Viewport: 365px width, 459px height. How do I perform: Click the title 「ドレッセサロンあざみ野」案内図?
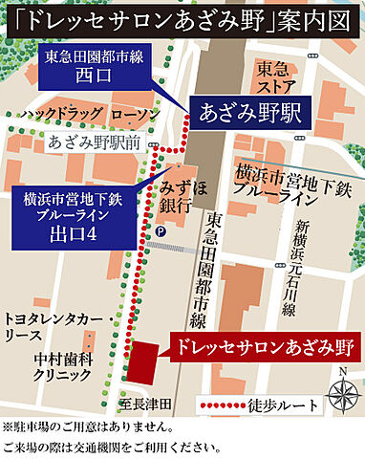coord(182,16)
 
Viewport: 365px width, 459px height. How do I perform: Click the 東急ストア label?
coord(280,79)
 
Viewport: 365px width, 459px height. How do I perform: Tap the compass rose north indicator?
coord(340,392)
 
